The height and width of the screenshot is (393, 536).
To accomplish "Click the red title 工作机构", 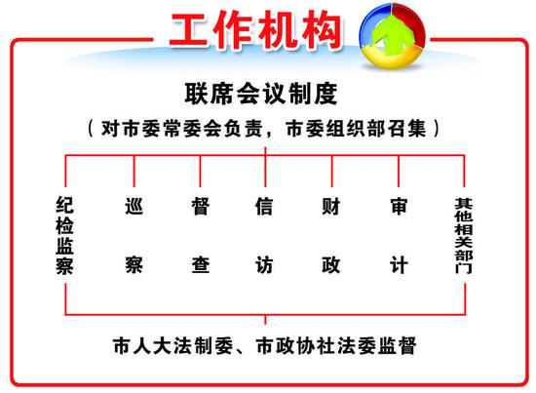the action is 255,30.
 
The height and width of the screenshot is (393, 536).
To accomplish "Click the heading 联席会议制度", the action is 261,94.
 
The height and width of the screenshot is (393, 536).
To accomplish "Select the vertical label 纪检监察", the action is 64,235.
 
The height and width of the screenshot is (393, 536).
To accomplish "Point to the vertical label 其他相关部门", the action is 464,236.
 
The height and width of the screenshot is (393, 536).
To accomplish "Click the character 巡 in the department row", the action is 134,206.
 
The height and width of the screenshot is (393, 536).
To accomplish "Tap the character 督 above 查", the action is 201,206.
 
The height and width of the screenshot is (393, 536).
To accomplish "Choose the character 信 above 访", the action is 264,206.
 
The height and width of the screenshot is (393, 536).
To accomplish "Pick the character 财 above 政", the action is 331,206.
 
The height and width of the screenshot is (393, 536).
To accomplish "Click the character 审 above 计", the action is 399,206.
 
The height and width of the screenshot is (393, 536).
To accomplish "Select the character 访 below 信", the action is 264,265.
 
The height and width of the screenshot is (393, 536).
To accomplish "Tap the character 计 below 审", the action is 399,265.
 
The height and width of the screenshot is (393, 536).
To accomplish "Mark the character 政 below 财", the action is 331,265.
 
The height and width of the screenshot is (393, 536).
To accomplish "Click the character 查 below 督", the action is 201,265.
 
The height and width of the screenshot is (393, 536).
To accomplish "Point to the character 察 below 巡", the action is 134,265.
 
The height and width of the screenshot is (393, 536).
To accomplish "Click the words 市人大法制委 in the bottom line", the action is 172,346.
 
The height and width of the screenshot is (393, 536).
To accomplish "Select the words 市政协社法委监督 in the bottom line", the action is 336,346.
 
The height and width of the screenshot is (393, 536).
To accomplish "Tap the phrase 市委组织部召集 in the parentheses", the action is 357,129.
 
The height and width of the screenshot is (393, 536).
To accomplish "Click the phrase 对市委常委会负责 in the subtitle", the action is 181,129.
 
